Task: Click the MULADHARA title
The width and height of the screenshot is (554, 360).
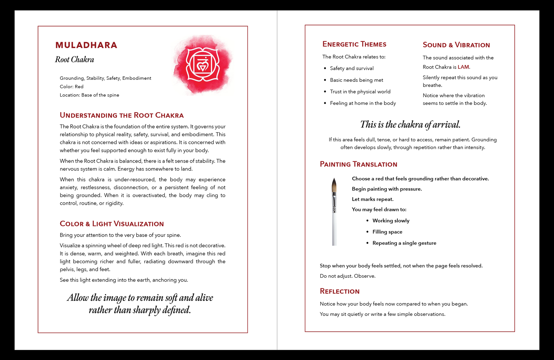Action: (86, 45)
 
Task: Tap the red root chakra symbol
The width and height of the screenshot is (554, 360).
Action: (202, 65)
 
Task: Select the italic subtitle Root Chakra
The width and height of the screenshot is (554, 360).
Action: (75, 60)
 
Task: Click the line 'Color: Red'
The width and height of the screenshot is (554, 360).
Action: (71, 87)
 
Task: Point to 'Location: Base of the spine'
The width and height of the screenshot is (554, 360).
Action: (89, 95)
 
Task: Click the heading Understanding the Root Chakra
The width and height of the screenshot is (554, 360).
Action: (122, 115)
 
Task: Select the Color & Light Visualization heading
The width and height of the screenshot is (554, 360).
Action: (112, 224)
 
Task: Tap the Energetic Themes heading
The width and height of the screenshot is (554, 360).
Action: (354, 44)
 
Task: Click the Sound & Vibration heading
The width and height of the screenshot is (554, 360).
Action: (456, 45)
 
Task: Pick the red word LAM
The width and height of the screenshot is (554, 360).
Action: (463, 67)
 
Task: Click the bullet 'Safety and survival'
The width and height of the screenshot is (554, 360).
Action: (352, 68)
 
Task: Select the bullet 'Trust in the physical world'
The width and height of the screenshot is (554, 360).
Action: (360, 92)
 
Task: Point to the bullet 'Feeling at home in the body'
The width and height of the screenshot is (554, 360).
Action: (363, 103)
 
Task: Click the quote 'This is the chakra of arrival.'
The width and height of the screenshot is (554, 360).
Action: (410, 125)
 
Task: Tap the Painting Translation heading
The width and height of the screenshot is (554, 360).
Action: (358, 164)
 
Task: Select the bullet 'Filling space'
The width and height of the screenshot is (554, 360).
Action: (387, 232)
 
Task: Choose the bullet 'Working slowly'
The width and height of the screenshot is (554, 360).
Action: (391, 221)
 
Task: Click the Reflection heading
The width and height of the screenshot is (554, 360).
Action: (340, 291)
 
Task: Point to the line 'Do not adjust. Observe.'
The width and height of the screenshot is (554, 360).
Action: (348, 276)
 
